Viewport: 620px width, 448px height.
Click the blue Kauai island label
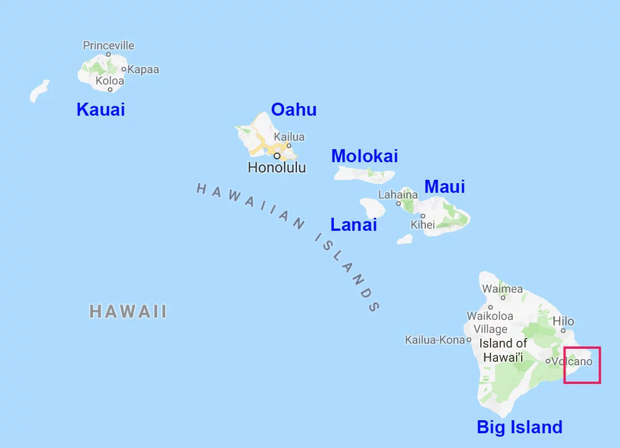coord(100,109)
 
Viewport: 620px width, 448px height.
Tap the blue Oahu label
coord(294,109)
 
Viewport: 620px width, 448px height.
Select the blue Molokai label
coord(365,156)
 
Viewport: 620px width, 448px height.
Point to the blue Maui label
coord(445,187)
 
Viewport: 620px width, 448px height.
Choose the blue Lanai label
coord(354,225)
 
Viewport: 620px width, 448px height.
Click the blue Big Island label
coord(520,427)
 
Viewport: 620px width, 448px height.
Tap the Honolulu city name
coord(277,168)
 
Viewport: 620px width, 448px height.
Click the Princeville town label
coord(108,45)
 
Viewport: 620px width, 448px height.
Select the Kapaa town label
coord(143,70)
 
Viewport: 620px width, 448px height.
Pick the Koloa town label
coord(110,81)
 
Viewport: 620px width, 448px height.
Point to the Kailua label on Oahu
coord(289,137)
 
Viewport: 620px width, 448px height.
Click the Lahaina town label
coord(398,195)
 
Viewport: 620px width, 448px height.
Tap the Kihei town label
coord(423,225)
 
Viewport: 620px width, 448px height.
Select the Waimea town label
coord(502,289)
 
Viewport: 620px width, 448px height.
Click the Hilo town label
coord(563,321)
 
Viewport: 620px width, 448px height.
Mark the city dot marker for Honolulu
coord(277,155)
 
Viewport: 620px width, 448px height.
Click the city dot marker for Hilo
coord(563,330)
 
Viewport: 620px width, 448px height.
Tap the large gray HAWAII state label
coord(128,311)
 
